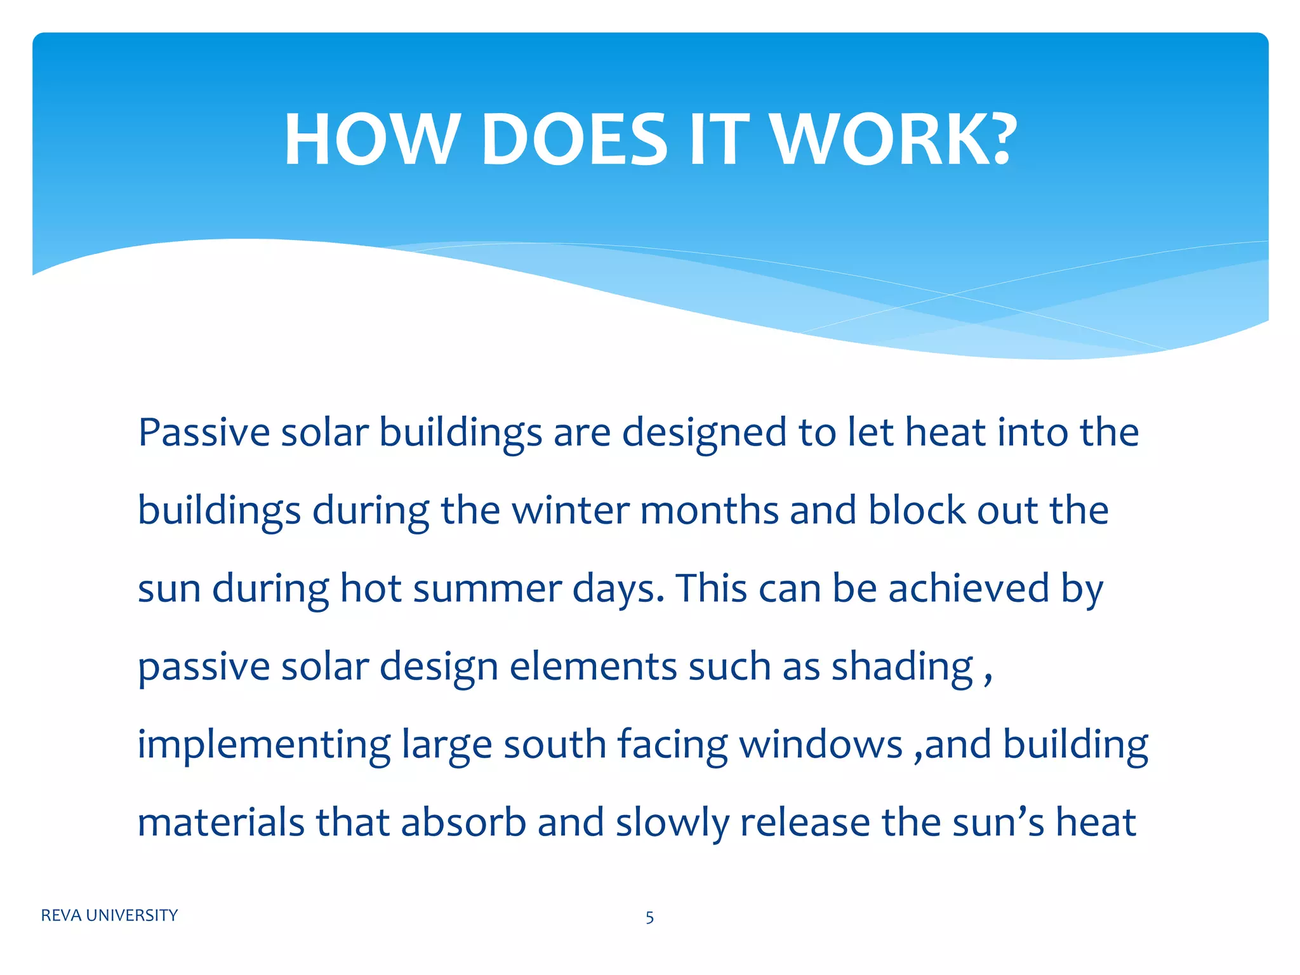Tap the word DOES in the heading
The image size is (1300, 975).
tap(574, 140)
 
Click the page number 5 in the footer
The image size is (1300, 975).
tap(649, 917)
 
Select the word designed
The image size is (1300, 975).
tap(704, 434)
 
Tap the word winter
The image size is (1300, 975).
tap(569, 510)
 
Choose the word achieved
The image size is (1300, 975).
tap(968, 588)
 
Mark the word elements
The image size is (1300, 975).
tap(593, 667)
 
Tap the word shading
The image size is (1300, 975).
tap(902, 668)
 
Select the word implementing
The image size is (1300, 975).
tap(264, 746)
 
